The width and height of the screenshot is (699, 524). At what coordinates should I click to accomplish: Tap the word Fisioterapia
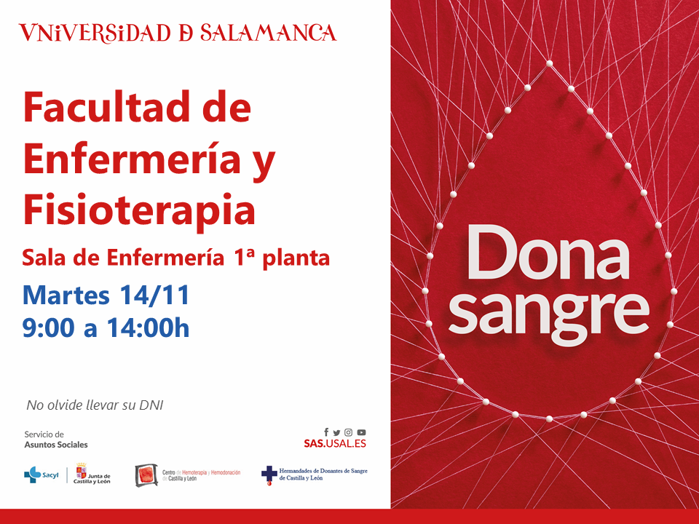pos(139,209)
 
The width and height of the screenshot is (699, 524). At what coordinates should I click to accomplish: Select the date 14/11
pos(154,295)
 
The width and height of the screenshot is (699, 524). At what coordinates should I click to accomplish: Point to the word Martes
pos(66,295)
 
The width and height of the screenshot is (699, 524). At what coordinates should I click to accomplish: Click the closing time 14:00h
pos(148,328)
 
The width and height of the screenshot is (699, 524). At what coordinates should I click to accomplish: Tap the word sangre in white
pos(548,311)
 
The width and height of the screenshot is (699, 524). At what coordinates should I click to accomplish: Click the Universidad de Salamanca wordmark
pos(178,33)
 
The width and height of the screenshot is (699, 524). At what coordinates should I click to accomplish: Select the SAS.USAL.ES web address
pos(335,443)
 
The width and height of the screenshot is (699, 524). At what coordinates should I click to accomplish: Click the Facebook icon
pos(326,432)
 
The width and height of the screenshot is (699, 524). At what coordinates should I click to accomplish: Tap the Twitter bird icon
pos(336,432)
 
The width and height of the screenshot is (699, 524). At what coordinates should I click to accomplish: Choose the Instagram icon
pos(349,432)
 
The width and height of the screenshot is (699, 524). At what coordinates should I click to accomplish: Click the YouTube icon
pos(362,432)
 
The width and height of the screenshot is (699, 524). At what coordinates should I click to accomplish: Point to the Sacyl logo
pos(41,475)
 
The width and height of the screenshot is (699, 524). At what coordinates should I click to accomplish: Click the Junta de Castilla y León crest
pos(81,471)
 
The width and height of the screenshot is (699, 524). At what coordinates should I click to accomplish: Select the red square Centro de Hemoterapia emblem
pos(146,475)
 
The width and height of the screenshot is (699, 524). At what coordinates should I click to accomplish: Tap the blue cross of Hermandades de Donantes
pos(269,474)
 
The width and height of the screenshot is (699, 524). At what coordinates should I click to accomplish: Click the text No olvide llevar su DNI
pos(95,405)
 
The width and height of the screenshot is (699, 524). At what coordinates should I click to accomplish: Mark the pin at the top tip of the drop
pos(549,63)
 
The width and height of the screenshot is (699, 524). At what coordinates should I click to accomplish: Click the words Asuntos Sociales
pos(56,445)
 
